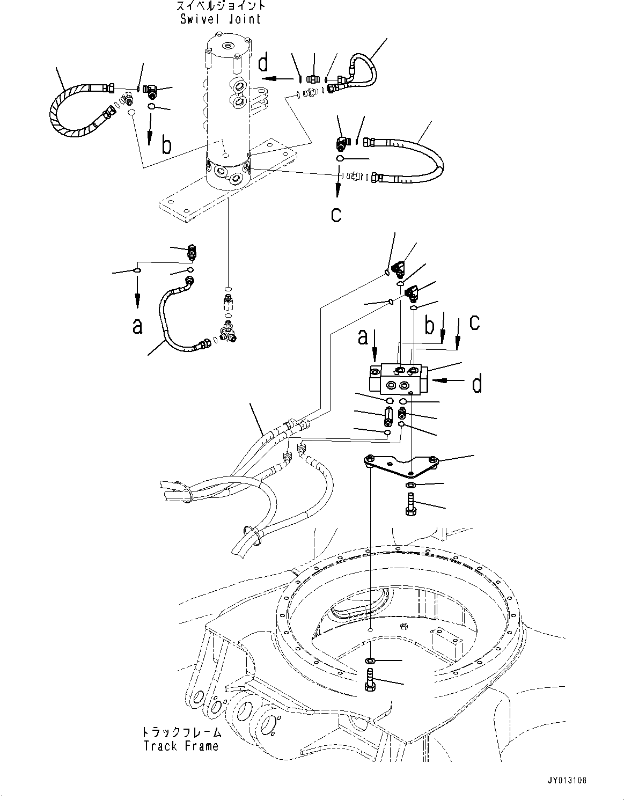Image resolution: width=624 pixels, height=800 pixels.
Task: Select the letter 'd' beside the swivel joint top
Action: (x=263, y=63)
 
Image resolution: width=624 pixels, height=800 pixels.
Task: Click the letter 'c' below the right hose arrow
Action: (x=336, y=214)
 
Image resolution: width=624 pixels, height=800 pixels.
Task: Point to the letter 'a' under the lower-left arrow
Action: (x=138, y=325)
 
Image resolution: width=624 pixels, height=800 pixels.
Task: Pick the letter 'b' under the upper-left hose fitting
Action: (x=167, y=145)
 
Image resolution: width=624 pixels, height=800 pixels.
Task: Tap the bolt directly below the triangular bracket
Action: (x=411, y=504)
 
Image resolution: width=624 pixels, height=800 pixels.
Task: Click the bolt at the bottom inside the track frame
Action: (x=370, y=680)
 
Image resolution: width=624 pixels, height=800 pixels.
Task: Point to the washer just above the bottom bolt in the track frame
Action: (x=370, y=659)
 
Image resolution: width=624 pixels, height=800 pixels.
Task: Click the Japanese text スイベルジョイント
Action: (x=220, y=6)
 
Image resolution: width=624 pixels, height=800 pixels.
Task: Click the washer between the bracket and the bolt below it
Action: (x=410, y=485)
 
